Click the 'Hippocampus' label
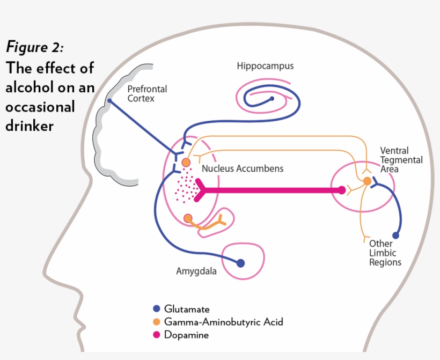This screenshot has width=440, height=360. click(x=265, y=67)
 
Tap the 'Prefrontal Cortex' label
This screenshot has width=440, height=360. click(x=147, y=94)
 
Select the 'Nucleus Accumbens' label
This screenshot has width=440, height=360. click(x=243, y=168)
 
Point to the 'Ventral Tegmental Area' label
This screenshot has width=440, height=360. click(x=401, y=160)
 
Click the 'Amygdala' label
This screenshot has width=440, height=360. click(x=196, y=271)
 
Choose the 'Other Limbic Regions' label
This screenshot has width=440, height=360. click(x=385, y=253)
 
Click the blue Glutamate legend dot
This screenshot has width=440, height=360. click(x=157, y=308)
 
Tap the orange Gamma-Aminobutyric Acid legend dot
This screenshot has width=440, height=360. click(x=157, y=322)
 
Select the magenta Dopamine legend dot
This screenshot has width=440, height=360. click(x=157, y=335)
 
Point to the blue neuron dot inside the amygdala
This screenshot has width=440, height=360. click(x=240, y=263)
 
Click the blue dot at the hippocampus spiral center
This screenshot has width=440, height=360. click(x=272, y=99)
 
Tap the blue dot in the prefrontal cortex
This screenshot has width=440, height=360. click(x=109, y=100)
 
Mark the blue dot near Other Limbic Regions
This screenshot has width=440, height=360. click(x=395, y=236)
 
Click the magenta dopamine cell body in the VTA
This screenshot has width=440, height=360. click(x=342, y=190)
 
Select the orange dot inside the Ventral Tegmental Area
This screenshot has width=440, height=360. click(x=367, y=181)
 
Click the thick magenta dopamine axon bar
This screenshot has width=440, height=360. click(x=268, y=190)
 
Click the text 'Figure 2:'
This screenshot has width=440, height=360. click(x=35, y=47)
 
